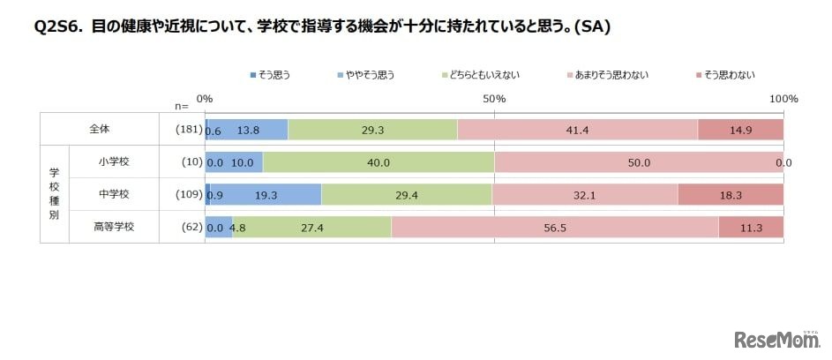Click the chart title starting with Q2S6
pyautogui.click(x=323, y=26)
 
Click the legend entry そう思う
pyautogui.click(x=271, y=75)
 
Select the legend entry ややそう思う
pyautogui.click(x=365, y=75)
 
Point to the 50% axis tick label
pyautogui.click(x=494, y=99)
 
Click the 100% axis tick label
pyautogui.click(x=783, y=99)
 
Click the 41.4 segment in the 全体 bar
pyautogui.click(x=577, y=129)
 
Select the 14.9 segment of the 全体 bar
pyautogui.click(x=740, y=129)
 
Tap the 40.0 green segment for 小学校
pyautogui.click(x=379, y=162)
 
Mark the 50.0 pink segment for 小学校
pyautogui.click(x=639, y=162)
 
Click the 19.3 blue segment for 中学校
pyautogui.click(x=266, y=195)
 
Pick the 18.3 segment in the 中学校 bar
pyautogui.click(x=731, y=195)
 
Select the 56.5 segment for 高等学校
pyautogui.click(x=555, y=227)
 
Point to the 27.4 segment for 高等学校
pyautogui.click(x=311, y=227)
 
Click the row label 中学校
pyautogui.click(x=113, y=195)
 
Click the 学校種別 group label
pyautogui.click(x=54, y=194)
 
